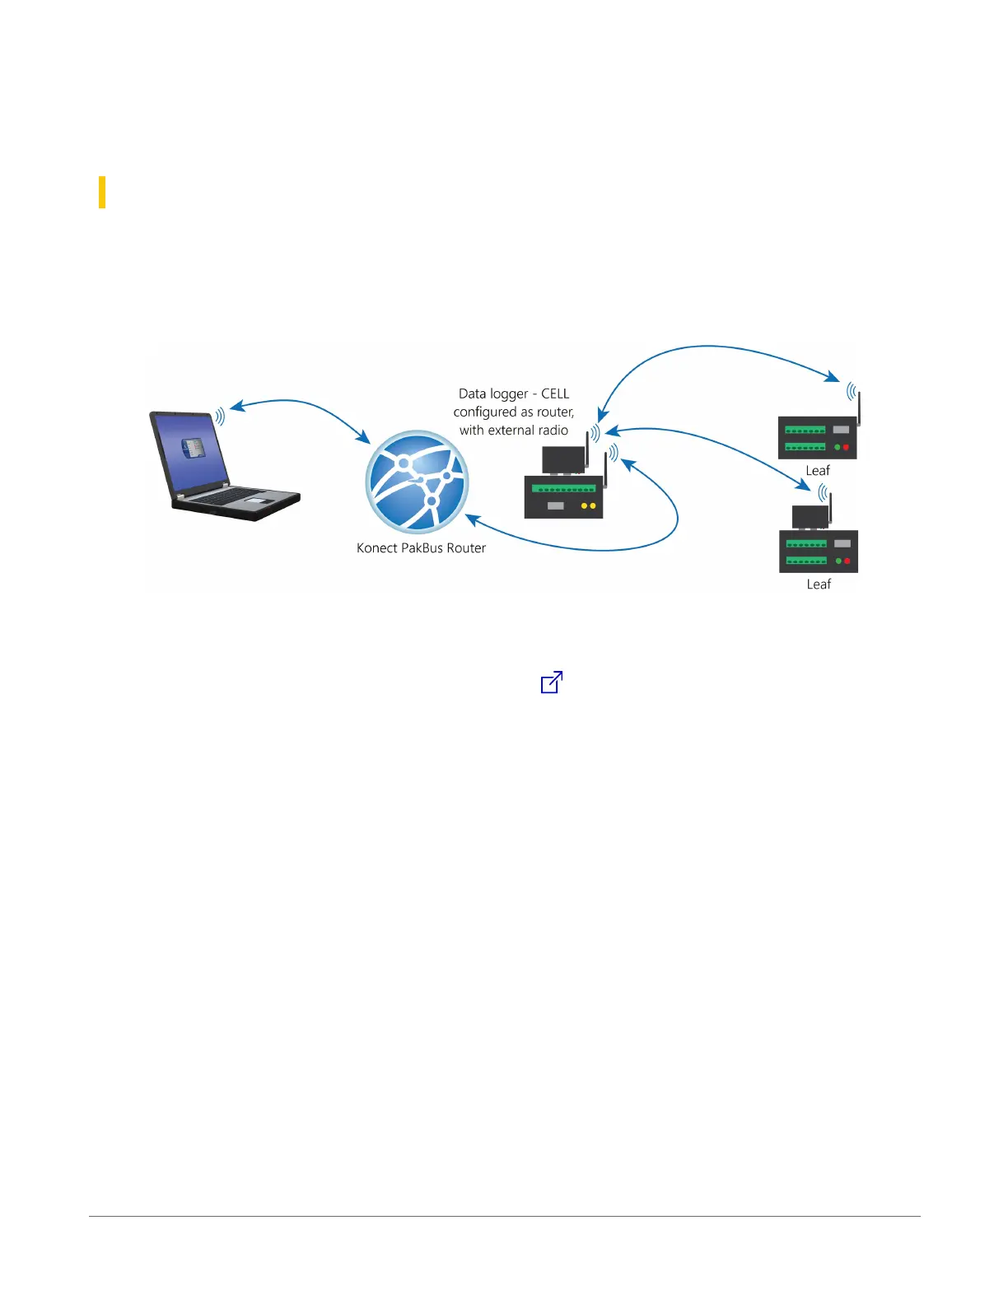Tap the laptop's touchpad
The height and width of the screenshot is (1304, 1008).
[258, 500]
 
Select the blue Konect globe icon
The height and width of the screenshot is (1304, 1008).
[417, 482]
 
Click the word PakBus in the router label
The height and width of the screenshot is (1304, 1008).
[422, 548]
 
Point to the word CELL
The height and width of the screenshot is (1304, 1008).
[555, 394]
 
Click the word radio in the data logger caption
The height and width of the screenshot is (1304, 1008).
[553, 431]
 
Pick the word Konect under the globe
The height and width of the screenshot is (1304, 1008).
[376, 548]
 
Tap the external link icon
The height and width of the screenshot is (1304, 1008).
[551, 682]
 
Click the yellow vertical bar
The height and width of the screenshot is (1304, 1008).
[102, 192]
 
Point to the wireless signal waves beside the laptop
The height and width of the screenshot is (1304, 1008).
[220, 417]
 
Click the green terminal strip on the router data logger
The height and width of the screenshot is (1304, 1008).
[564, 488]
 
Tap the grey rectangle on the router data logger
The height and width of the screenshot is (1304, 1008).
[555, 506]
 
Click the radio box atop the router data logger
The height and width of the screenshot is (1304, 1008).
[563, 459]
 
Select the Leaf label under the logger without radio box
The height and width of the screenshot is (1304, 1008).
[818, 470]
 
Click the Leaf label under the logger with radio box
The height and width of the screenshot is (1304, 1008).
[819, 584]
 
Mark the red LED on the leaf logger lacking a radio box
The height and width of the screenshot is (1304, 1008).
[846, 448]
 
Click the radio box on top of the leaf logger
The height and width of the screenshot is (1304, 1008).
[810, 517]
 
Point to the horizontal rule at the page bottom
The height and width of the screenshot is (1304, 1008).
[504, 1217]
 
